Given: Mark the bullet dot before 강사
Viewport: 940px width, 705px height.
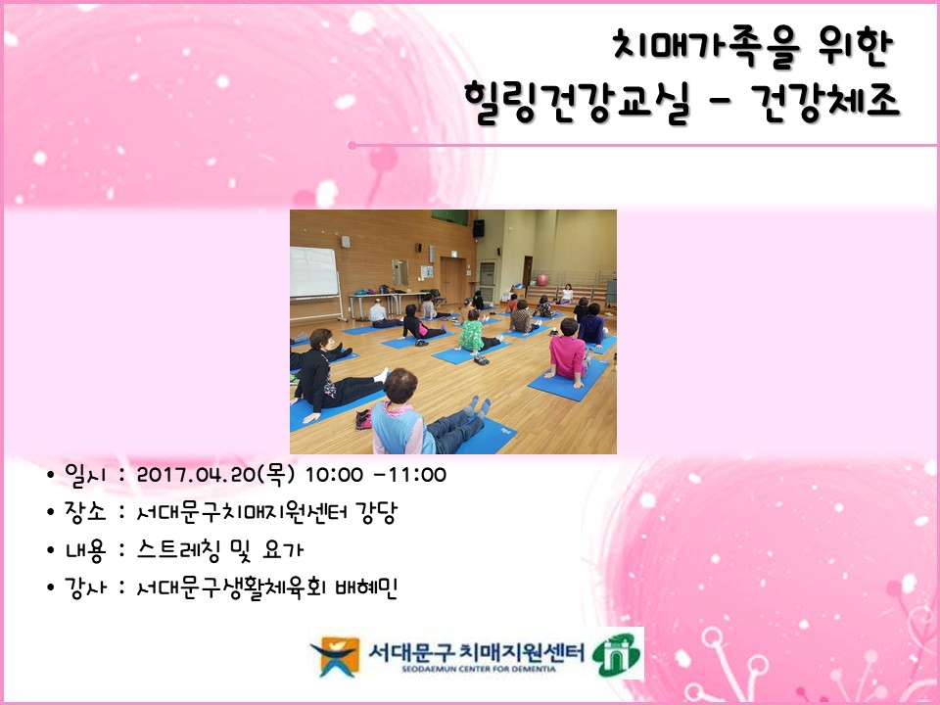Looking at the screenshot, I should tap(51, 587).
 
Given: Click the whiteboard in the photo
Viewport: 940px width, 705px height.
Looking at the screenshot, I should tap(313, 271).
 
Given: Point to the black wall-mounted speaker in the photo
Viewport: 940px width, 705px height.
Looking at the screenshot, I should tap(479, 227).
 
